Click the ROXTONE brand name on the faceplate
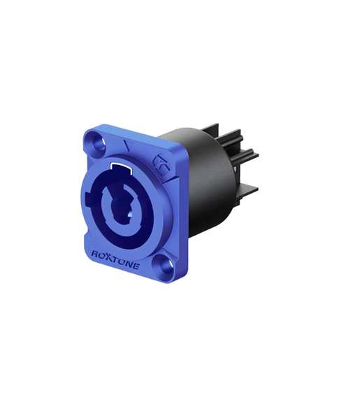tap(115, 260)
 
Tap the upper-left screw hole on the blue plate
tap(99, 143)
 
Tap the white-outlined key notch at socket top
tap(122, 166)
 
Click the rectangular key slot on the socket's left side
tap(89, 199)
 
